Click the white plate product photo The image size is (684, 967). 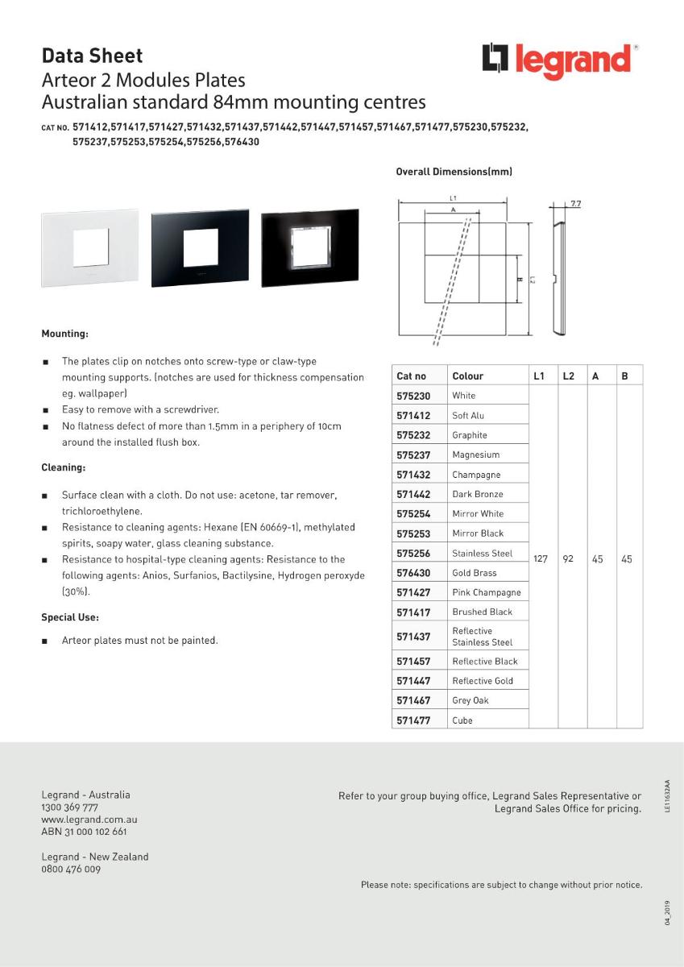(89, 247)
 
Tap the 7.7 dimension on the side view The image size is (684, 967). (575, 204)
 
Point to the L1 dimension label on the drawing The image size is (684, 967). (454, 197)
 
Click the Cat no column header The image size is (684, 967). (412, 376)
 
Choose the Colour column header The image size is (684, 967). (468, 376)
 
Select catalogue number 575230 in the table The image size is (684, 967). (414, 396)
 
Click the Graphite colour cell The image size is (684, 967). (470, 435)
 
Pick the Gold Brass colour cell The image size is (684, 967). (475, 573)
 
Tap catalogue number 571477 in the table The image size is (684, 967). (414, 720)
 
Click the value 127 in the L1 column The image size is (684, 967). (540, 558)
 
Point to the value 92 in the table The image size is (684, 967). (568, 558)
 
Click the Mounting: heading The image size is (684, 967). (65, 333)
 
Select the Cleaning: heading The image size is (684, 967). (64, 467)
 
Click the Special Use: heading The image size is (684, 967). (70, 617)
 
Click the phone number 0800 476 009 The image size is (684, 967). (71, 869)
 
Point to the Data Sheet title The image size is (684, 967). (92, 56)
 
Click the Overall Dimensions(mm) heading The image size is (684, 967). (454, 172)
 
